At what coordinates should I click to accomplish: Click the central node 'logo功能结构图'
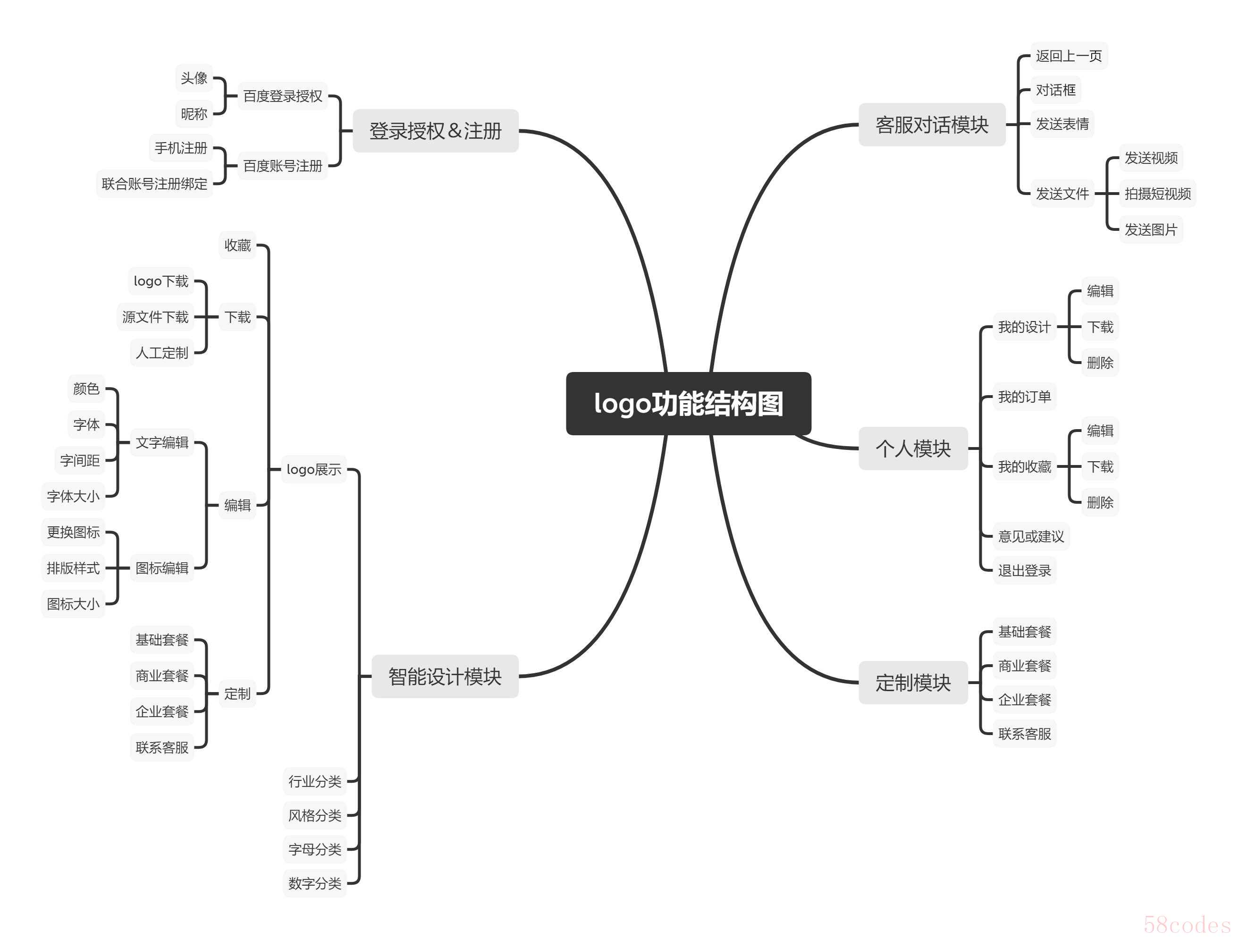[689, 403]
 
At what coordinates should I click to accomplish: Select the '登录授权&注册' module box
[436, 130]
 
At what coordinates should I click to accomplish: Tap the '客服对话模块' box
[932, 124]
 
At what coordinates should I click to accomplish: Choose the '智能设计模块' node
[445, 677]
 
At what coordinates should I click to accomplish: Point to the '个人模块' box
[913, 448]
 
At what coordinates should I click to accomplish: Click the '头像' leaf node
[194, 78]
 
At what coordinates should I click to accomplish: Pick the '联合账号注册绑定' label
[154, 184]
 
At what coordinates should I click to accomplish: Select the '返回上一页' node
[1069, 56]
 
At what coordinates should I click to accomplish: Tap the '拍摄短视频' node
[1157, 194]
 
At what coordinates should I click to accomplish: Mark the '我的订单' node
[1024, 397]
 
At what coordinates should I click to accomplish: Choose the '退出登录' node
[1024, 571]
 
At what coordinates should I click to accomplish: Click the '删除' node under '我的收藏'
[1100, 502]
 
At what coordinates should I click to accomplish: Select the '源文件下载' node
[155, 317]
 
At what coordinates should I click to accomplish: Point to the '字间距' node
[79, 460]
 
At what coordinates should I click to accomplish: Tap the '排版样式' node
[73, 568]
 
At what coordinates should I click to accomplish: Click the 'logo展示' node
[313, 469]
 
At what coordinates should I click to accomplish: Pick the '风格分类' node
[314, 815]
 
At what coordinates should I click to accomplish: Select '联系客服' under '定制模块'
[1024, 734]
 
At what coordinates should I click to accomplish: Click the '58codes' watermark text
[1187, 924]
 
